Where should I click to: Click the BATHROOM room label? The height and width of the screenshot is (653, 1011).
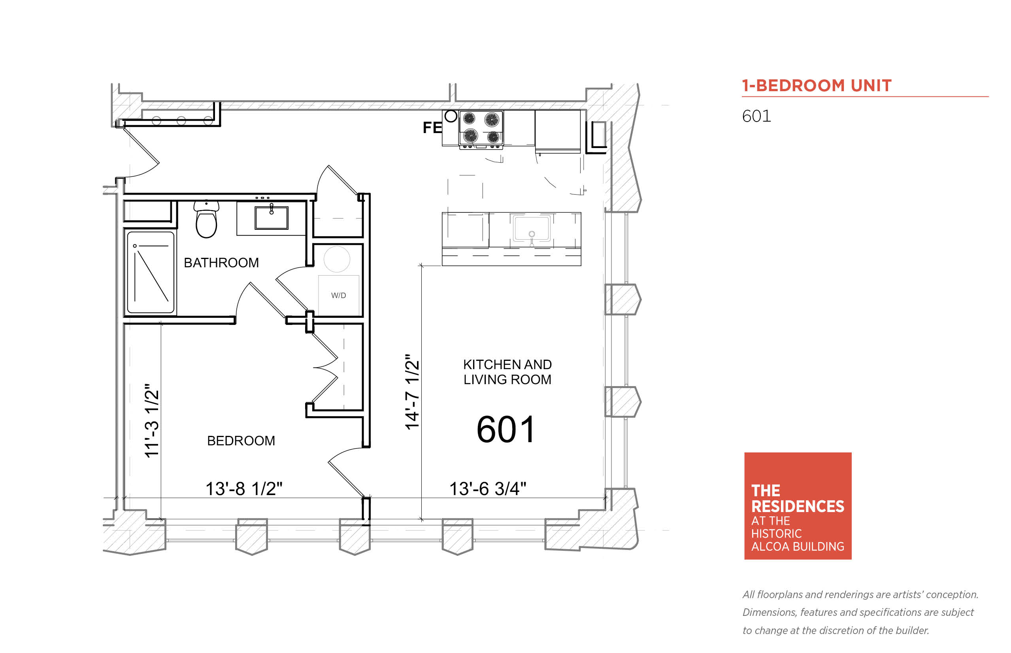tap(221, 263)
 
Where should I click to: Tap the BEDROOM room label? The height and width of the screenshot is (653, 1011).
tap(241, 441)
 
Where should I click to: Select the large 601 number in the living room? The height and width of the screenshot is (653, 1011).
tap(505, 430)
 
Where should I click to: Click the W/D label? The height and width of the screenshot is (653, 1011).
tap(338, 296)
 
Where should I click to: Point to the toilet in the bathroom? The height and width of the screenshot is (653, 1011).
tap(206, 219)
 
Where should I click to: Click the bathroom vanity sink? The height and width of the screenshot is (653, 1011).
tap(271, 218)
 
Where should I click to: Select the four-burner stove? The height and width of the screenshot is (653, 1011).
tap(481, 129)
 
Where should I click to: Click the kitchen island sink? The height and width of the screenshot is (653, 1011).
tap(532, 229)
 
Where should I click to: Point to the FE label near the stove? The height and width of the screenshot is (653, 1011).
tap(432, 127)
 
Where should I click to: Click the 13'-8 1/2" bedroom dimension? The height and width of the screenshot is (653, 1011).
tap(243, 488)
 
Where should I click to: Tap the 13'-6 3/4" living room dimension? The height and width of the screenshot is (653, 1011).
tap(488, 488)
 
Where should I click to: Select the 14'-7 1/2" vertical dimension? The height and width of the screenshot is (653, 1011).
tap(412, 392)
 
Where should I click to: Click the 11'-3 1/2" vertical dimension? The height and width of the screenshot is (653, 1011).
tap(151, 420)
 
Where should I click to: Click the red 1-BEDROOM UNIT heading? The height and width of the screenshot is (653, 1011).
tap(817, 86)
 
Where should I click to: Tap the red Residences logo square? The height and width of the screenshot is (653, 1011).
tap(798, 506)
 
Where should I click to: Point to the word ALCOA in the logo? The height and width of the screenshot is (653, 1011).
tap(770, 546)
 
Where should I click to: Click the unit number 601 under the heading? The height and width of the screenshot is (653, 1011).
tap(756, 116)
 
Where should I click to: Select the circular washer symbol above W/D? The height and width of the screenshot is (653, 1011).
tap(337, 259)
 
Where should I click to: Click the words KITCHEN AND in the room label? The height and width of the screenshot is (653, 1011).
tap(507, 365)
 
